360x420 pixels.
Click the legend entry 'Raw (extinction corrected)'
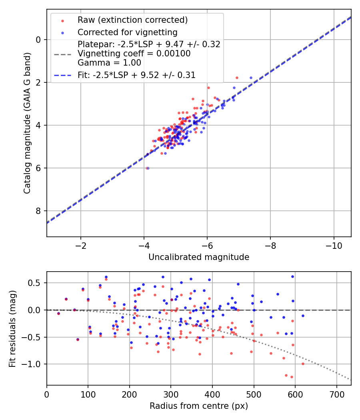(x=132, y=20)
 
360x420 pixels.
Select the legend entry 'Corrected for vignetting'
(x=127, y=32)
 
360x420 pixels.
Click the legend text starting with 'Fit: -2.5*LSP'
(x=136, y=75)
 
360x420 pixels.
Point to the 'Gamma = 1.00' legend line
(x=109, y=62)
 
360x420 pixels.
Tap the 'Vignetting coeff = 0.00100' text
(x=134, y=54)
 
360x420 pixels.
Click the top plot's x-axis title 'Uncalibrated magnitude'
(x=199, y=257)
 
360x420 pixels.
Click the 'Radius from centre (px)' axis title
(x=199, y=406)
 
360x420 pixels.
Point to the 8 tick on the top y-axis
(x=38, y=211)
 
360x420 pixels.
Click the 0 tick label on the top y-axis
(x=38, y=40)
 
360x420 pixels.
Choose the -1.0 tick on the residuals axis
(x=34, y=364)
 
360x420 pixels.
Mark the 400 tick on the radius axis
(x=212, y=394)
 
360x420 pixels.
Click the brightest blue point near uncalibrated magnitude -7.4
(x=251, y=78)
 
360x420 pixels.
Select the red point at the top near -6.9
(x=237, y=78)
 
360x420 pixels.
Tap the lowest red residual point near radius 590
(x=292, y=377)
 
